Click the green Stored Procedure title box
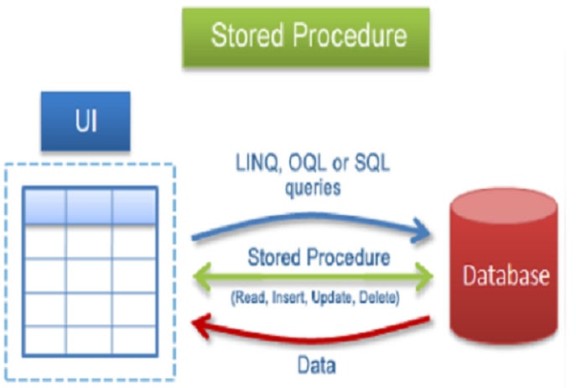307,36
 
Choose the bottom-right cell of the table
133,339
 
